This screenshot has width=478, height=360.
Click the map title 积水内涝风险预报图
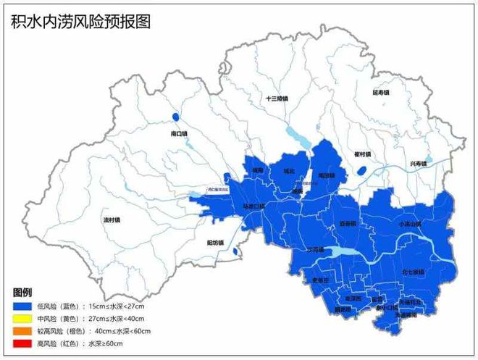click(x=80, y=21)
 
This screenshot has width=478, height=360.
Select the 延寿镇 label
click(x=381, y=93)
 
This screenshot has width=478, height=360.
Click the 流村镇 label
click(x=112, y=219)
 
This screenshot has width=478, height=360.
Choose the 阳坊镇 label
click(x=214, y=242)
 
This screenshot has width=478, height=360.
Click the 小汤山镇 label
click(x=409, y=224)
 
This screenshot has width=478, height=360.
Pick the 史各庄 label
click(x=320, y=280)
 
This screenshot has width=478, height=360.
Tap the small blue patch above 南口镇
click(x=175, y=117)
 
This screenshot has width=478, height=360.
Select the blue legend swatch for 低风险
click(x=22, y=307)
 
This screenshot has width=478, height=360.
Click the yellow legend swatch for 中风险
click(x=22, y=319)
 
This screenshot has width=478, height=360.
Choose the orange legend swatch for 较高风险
click(x=22, y=330)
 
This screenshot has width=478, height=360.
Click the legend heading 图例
click(x=22, y=293)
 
